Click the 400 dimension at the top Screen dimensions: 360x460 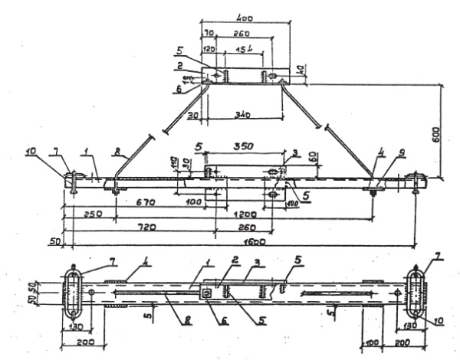[x=245, y=16]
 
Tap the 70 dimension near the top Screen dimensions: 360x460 [x=210, y=34]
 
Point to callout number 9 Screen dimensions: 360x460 [x=381, y=162]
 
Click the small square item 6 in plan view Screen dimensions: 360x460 [x=207, y=292]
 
